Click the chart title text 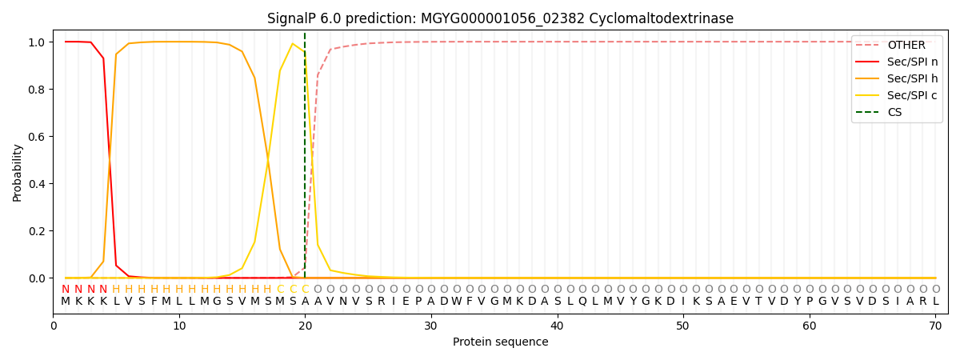point(500,18)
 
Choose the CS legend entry point(894,112)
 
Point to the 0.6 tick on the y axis point(37,137)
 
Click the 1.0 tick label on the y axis point(37,42)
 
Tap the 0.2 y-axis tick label point(37,231)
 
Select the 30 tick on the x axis point(431,326)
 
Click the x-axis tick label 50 point(682,326)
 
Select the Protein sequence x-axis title point(500,342)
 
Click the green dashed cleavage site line point(305,160)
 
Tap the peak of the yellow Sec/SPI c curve point(293,43)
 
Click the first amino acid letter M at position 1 point(66,301)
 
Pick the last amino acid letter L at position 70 point(935,301)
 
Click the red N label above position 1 point(66,289)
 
